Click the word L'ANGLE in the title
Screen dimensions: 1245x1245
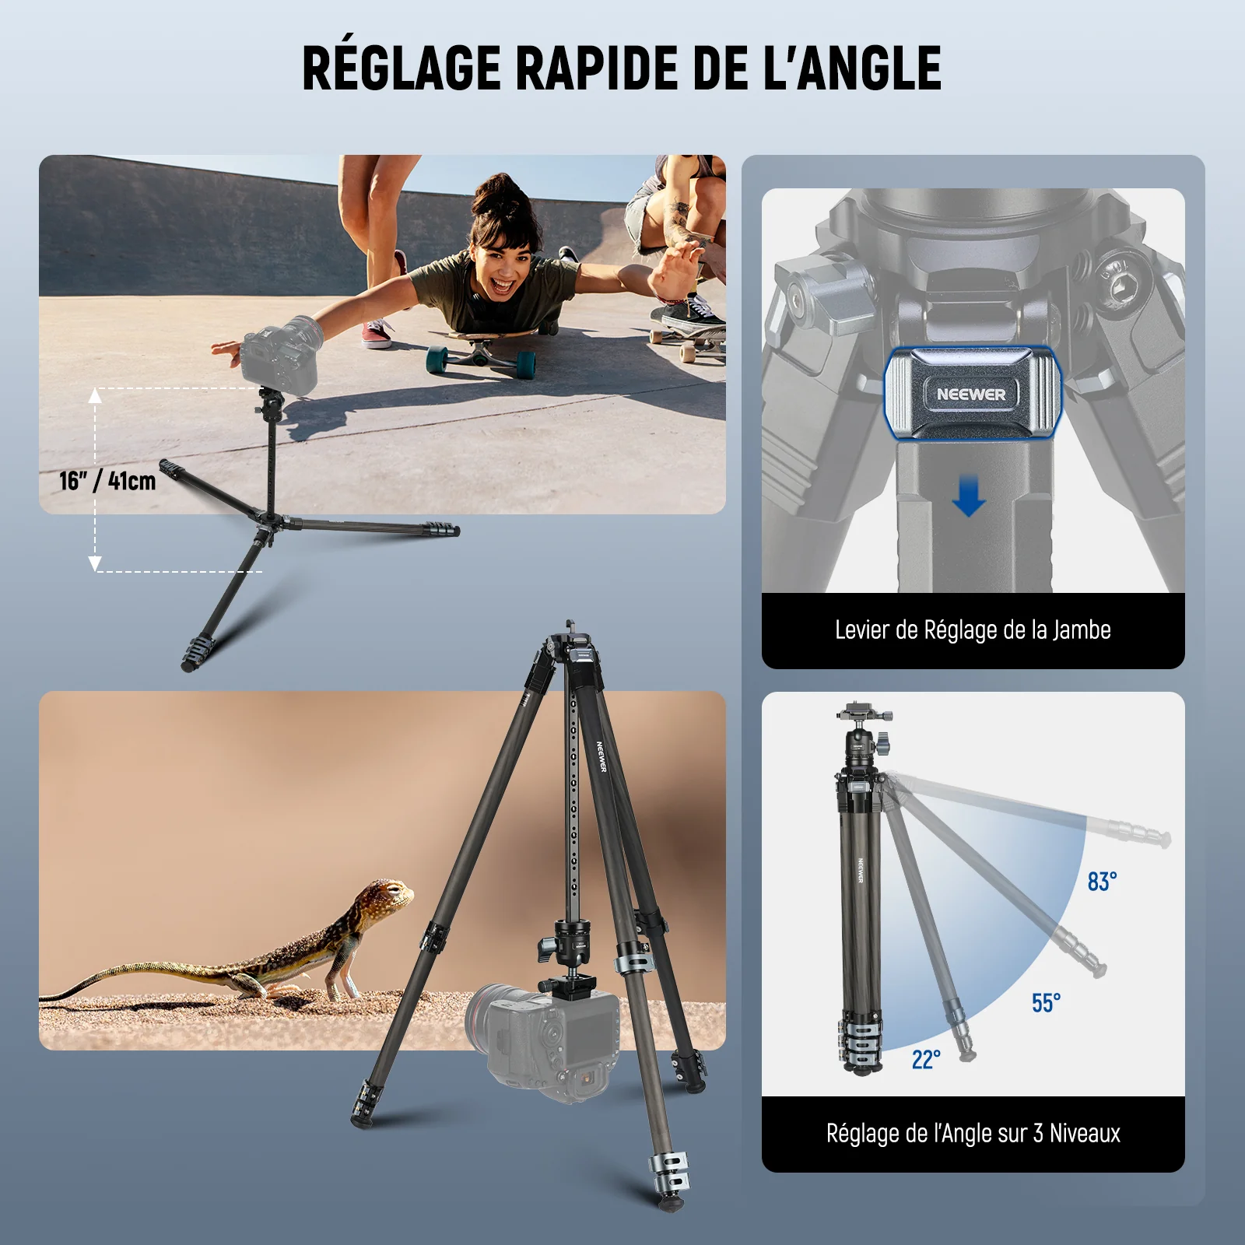point(852,68)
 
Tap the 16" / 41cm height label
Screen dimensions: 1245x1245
point(107,480)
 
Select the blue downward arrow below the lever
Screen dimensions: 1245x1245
point(968,497)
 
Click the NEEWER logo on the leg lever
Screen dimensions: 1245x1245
point(971,395)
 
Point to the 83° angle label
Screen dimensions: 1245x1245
point(1102,882)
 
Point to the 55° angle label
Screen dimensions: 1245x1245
point(1046,1003)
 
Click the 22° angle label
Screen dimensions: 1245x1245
point(926,1059)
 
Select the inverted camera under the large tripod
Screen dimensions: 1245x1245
point(545,1039)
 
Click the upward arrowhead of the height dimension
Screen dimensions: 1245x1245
point(95,395)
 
